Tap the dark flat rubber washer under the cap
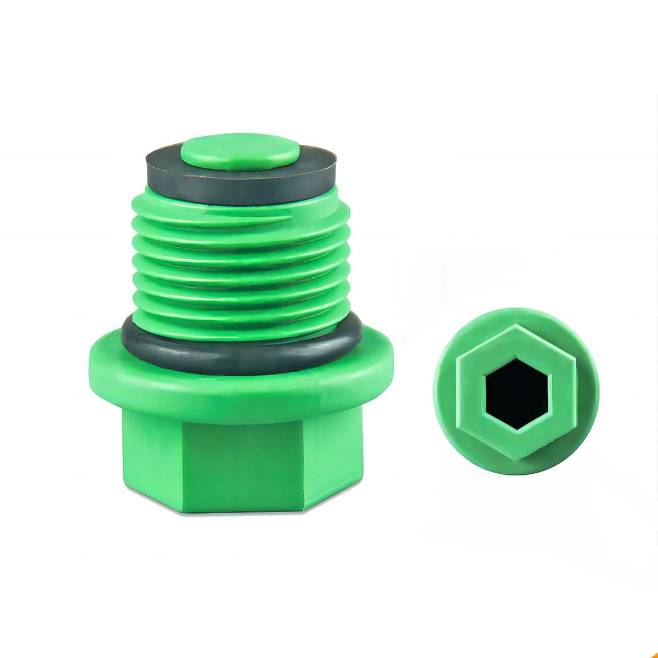click(164, 175)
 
